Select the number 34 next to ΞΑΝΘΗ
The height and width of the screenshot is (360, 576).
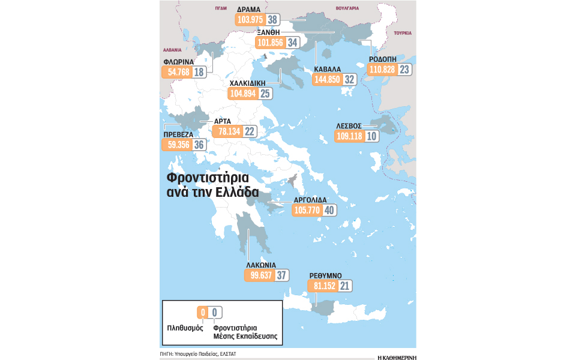coord(293,43)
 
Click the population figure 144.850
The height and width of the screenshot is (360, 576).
coord(327,79)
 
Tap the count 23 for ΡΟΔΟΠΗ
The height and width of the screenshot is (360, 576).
coord(404,70)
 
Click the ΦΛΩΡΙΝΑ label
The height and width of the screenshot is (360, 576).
coord(180,61)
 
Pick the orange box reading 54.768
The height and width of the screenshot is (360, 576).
coord(176,72)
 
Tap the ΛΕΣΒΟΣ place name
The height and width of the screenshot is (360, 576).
coord(348,126)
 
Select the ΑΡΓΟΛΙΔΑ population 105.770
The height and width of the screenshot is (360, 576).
coord(306,211)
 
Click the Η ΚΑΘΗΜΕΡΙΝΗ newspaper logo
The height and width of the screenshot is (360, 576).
coord(397,356)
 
